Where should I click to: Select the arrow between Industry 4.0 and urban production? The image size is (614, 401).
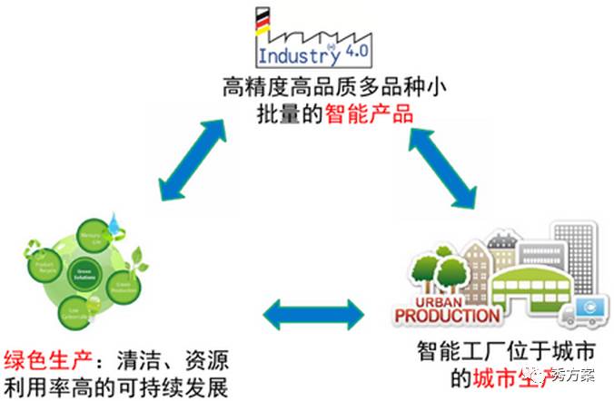pos(444,158)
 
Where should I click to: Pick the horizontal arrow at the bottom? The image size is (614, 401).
pos(312,315)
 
